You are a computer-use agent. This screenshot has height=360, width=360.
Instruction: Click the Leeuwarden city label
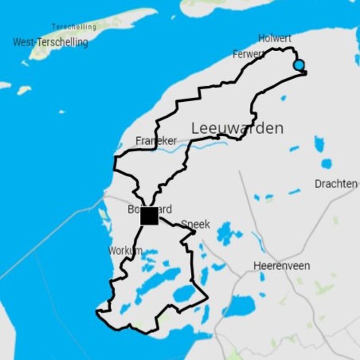238,128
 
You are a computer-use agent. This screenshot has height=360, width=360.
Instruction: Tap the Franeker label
156,141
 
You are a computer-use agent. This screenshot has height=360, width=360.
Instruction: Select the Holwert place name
274,39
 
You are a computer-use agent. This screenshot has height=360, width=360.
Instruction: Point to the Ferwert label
248,54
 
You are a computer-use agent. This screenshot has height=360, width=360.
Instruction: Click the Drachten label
336,184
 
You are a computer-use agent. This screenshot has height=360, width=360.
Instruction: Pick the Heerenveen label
282,265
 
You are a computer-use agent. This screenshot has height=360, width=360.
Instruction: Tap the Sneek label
196,224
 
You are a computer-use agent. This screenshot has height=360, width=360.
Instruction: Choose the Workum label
125,251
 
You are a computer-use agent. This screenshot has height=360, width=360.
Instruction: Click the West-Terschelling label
50,42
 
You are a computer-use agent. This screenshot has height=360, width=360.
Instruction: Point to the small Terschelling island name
74,27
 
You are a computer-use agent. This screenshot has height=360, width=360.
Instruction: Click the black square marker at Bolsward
149,216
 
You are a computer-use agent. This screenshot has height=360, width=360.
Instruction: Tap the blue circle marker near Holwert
298,65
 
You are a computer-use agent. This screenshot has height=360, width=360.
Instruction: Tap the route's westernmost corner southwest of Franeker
115,157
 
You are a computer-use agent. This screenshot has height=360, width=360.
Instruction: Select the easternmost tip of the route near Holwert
306,72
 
